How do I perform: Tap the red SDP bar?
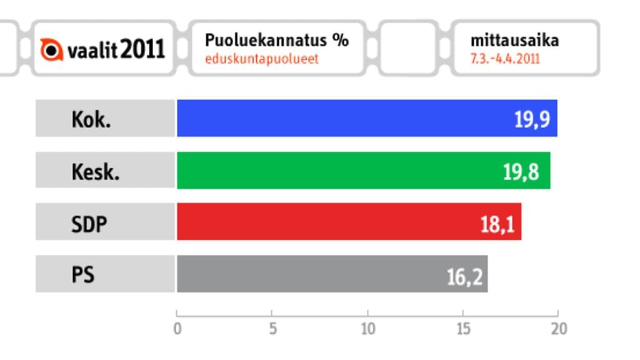(325, 222)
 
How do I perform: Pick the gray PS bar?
(306, 274)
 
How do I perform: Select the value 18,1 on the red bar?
(497, 223)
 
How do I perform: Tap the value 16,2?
(465, 276)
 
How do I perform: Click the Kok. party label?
(91, 119)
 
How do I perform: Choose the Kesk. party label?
(95, 171)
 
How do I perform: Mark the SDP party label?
(89, 222)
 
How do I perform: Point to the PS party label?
(82, 274)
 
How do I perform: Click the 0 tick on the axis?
(177, 329)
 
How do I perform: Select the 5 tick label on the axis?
(272, 329)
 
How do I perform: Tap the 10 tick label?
(367, 329)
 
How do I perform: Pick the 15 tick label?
(463, 329)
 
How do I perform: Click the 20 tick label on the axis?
(558, 329)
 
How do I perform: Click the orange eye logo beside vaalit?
(52, 49)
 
